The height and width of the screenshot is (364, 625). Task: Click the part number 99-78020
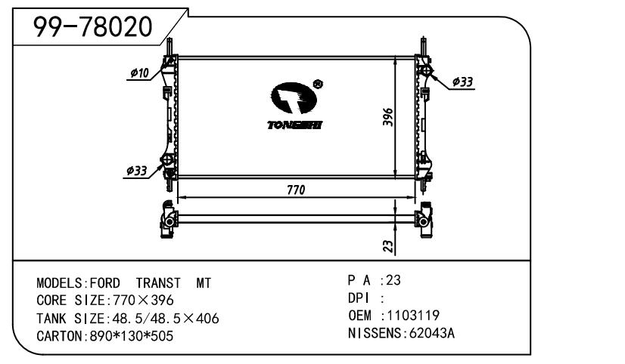(92, 27)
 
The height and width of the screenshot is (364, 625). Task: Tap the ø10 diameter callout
(139, 72)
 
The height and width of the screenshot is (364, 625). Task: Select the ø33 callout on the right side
(462, 82)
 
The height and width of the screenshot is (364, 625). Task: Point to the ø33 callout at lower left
(137, 171)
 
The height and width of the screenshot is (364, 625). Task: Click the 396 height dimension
(388, 117)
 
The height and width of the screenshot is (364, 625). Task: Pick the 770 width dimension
(296, 190)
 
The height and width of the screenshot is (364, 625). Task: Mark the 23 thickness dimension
(388, 246)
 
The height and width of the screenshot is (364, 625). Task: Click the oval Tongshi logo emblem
(294, 98)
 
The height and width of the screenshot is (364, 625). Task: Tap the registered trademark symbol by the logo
(318, 85)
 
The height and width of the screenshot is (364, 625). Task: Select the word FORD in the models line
(105, 283)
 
